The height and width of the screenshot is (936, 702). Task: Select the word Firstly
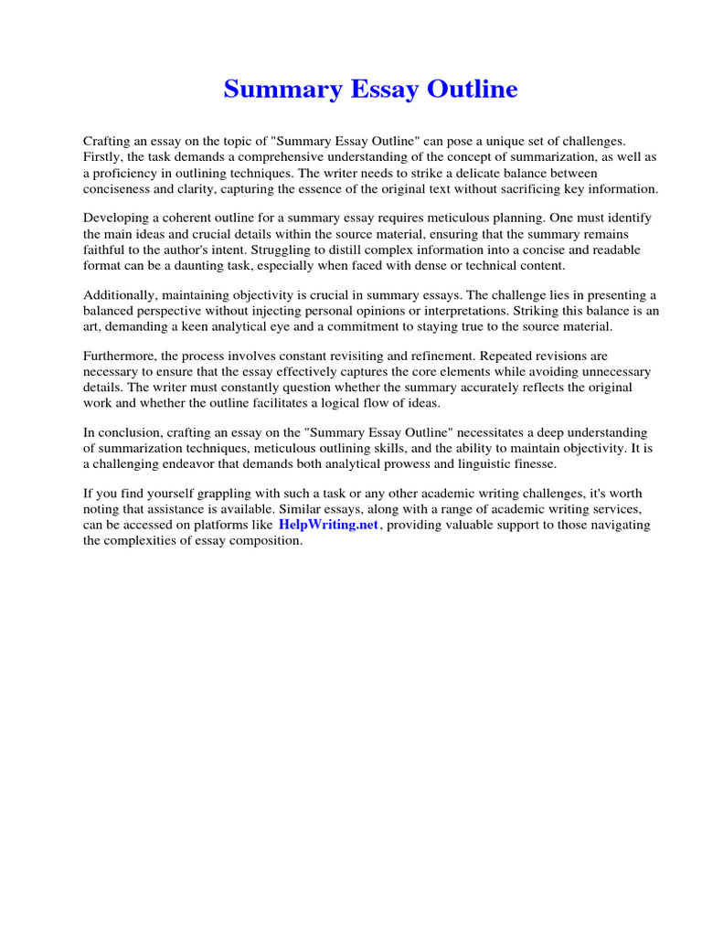[103, 157]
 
